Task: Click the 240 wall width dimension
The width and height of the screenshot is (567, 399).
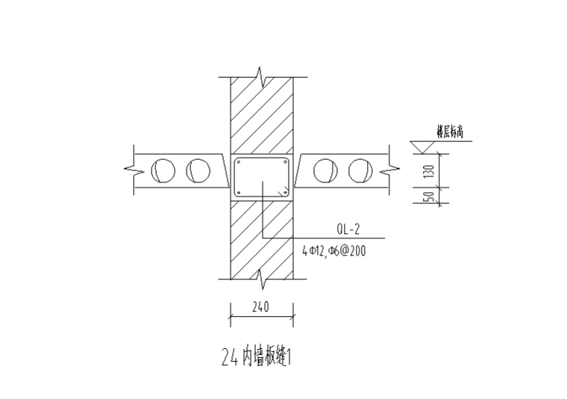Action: (260, 306)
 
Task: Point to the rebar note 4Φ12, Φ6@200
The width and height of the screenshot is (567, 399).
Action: (333, 251)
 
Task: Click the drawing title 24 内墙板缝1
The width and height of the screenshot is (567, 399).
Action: (255, 358)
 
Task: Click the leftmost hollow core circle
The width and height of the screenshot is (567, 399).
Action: (163, 170)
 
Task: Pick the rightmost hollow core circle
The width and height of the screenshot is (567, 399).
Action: (360, 170)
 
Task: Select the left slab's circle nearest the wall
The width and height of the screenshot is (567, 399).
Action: (198, 170)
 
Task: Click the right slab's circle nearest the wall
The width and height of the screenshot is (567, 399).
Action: (325, 170)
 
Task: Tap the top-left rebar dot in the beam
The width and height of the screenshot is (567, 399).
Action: (239, 162)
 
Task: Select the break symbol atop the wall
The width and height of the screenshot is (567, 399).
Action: (260, 76)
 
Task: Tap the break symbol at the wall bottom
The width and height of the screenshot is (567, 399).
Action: (261, 279)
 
